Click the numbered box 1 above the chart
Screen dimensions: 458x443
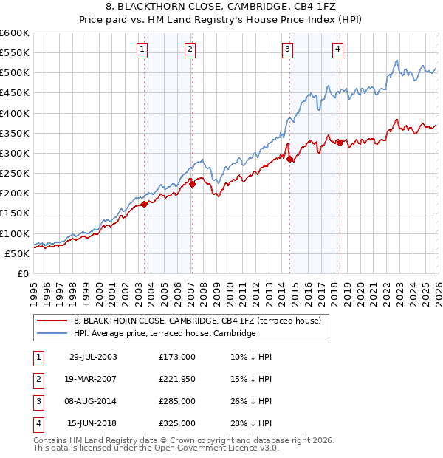coord(142,49)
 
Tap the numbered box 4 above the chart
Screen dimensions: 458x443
coord(337,49)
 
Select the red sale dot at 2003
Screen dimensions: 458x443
coord(145,205)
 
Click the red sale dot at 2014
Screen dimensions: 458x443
coord(290,159)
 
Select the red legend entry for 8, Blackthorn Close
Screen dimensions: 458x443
coord(196,321)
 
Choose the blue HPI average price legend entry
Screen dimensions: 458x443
coord(164,334)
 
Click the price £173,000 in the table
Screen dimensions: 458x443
coord(177,357)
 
